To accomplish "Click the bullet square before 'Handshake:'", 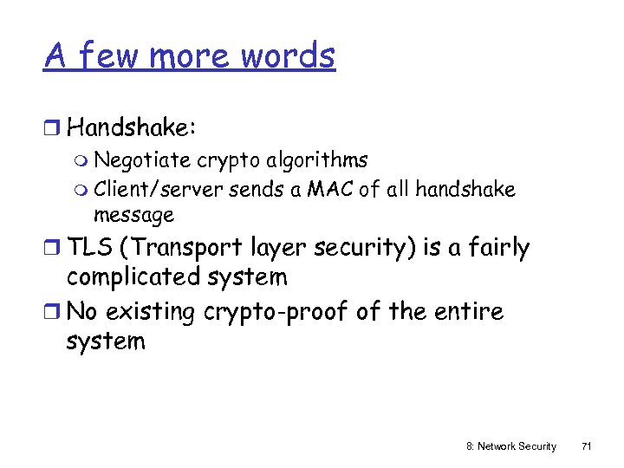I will pos(54,128).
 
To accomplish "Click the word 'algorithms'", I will pos(318,160).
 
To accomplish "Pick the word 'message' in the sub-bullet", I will pos(133,214).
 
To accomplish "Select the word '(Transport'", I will pos(181,248).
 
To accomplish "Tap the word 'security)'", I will pos(365,248).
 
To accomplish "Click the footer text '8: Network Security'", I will pos(510,445).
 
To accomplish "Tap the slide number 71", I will pos(586,445).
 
